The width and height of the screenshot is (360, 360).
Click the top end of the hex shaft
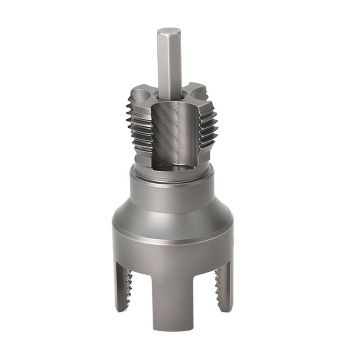[x=169, y=31]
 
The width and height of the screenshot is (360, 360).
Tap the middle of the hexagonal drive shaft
[x=169, y=63]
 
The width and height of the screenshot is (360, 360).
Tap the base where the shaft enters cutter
[x=170, y=95]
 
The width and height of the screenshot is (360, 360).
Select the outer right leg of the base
[x=225, y=288]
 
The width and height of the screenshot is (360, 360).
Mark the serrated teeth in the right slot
[x=217, y=288]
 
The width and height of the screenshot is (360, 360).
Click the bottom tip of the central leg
[x=173, y=331]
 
